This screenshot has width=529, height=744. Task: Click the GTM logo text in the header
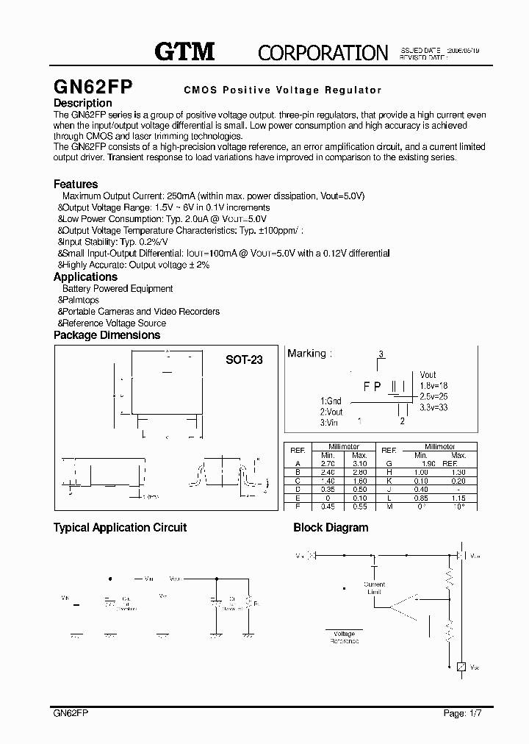pos(184,51)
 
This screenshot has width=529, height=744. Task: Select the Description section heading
pos(83,103)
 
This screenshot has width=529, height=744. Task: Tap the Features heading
pos(76,184)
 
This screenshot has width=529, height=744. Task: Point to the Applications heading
pos(85,277)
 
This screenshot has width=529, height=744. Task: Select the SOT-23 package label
pos(244,360)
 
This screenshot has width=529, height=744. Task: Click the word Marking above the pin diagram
pos(306,354)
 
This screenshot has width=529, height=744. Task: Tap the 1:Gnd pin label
pos(331,401)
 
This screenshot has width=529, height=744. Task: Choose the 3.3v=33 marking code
pos(433,407)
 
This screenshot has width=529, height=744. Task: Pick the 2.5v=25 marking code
pos(433,397)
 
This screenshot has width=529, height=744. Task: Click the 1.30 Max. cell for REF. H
pos(459,472)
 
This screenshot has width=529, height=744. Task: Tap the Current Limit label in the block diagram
pos(374,589)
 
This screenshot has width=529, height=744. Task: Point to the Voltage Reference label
pos(344,637)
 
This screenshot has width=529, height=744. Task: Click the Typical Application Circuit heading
pos(120,528)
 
